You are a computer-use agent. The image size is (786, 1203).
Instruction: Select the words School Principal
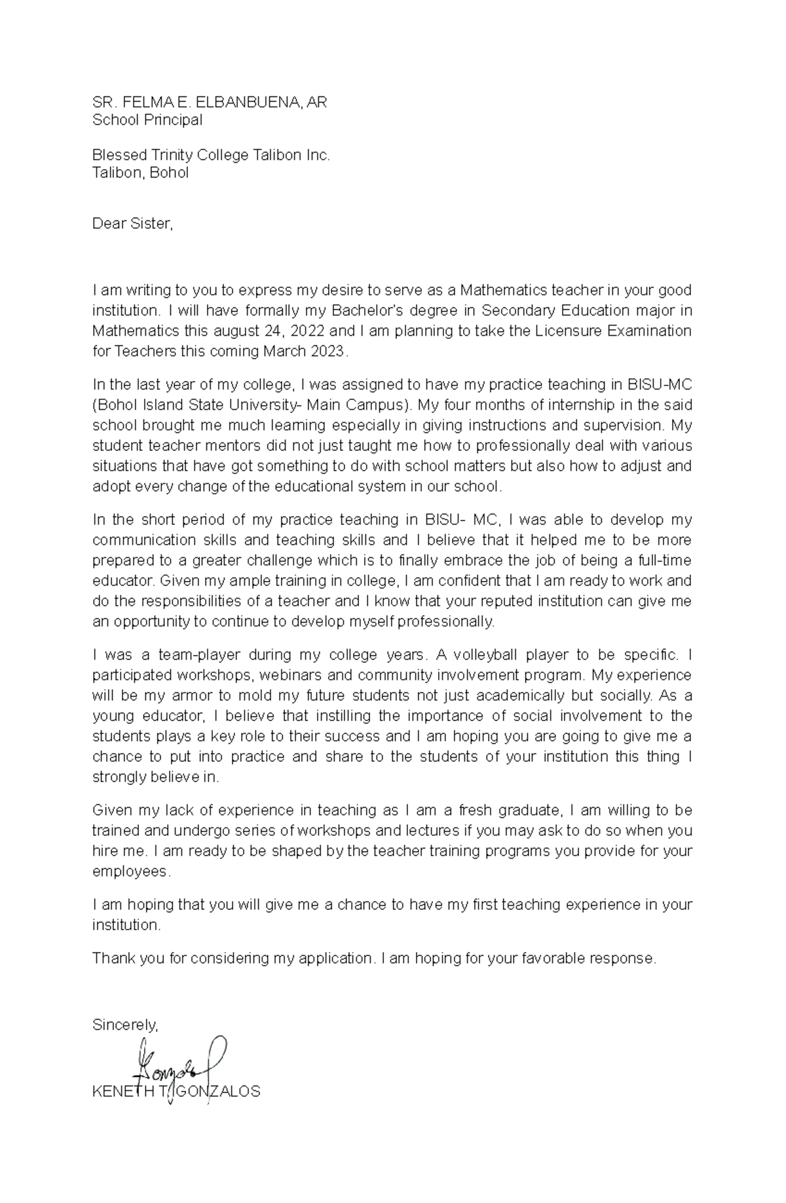(147, 120)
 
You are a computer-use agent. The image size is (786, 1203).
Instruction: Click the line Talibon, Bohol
(140, 173)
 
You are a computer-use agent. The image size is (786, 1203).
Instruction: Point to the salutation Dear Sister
(132, 224)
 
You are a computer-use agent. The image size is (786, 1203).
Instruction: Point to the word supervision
(626, 425)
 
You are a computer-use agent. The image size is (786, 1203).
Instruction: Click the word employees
(131, 872)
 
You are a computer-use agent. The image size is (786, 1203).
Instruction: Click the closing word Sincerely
(125, 1025)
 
